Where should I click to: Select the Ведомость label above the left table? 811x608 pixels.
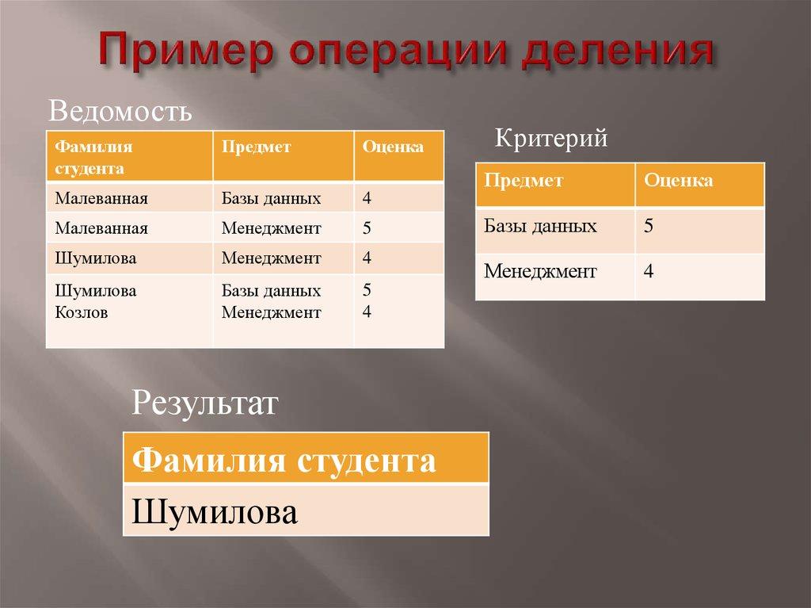(x=120, y=112)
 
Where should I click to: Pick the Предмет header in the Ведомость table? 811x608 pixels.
(x=256, y=147)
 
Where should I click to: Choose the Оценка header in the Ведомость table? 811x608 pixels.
(x=393, y=147)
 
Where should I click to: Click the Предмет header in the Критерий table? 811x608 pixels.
(x=524, y=180)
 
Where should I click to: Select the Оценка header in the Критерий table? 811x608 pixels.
(x=678, y=180)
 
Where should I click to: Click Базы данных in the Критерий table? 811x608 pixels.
(x=540, y=226)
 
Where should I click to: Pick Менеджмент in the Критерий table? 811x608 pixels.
(x=540, y=272)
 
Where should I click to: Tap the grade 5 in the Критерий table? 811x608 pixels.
(x=649, y=226)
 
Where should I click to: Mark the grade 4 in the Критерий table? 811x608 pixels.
(x=649, y=272)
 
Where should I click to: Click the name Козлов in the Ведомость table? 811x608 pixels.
(x=82, y=312)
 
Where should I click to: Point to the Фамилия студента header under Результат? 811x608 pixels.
(x=284, y=460)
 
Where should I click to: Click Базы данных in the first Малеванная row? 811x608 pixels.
(x=271, y=198)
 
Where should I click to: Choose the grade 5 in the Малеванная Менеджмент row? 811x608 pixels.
(x=367, y=229)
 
